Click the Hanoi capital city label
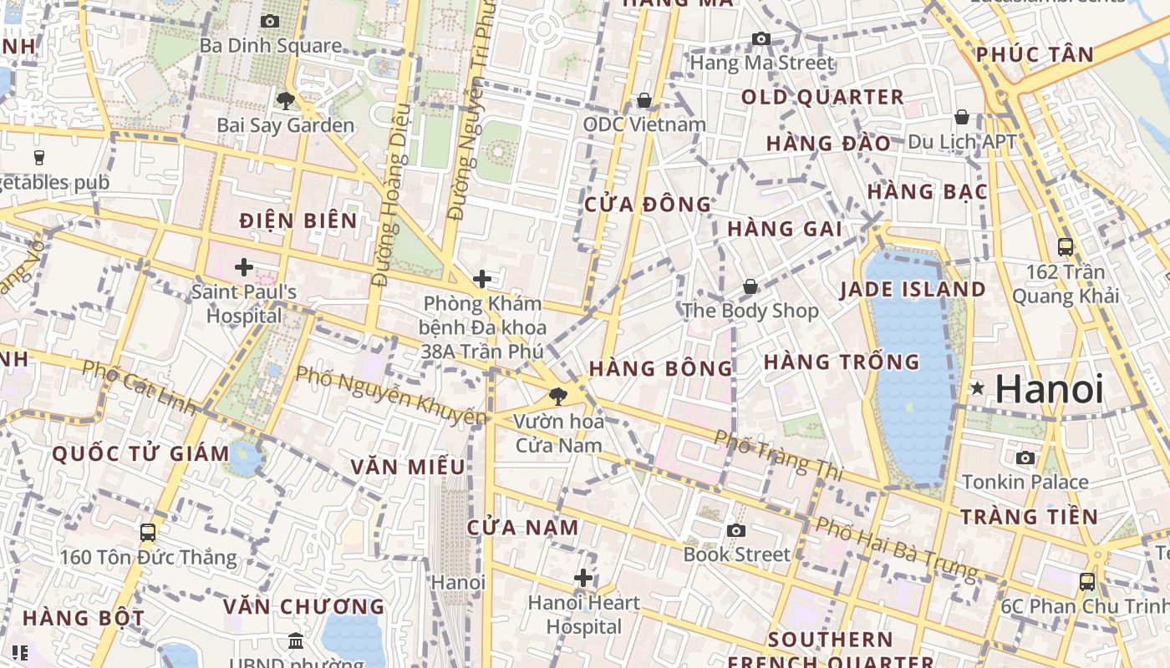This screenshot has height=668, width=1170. (1050, 389)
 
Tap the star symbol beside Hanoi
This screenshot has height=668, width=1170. (977, 388)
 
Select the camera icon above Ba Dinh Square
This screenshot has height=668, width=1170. (269, 21)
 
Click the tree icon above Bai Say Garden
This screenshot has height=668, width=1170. (285, 101)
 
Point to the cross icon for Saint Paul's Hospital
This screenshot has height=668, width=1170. (244, 267)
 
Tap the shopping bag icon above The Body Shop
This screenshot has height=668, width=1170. (750, 286)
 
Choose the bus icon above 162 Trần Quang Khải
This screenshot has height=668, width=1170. (1065, 246)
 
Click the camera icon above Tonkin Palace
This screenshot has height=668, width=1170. (1025, 458)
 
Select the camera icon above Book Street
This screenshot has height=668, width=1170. (735, 531)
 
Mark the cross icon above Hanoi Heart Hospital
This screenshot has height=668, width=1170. (583, 578)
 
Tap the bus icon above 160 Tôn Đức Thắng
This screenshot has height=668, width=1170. (148, 532)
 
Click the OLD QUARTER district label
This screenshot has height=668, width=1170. (822, 97)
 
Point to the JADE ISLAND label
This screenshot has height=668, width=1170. (913, 290)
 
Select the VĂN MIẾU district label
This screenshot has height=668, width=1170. (407, 466)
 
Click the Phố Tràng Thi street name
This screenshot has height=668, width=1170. (778, 456)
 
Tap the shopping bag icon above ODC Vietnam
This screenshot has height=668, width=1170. (643, 100)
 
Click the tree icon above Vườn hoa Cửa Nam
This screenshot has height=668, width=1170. (557, 396)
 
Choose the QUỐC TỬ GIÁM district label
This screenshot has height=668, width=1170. (140, 454)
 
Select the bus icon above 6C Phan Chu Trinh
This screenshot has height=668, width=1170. (1086, 581)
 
